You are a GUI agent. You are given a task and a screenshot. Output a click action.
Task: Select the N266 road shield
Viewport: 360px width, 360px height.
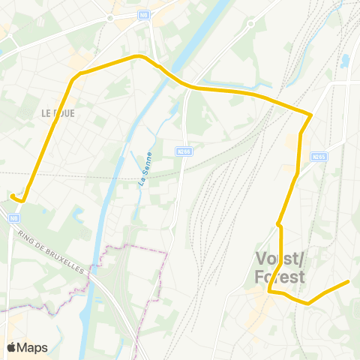coord(184,151)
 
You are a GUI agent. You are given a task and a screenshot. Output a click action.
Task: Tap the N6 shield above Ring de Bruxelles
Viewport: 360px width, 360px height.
coord(13,218)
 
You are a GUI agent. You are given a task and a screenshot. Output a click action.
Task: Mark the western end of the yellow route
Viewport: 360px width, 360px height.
coord(12,196)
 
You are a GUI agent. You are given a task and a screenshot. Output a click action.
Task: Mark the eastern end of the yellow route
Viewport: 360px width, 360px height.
coord(348,282)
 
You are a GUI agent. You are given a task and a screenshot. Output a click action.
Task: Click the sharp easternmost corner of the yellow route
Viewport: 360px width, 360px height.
coord(310,115)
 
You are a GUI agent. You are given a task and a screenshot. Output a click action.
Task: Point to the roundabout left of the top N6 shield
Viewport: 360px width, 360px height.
coord(110,17)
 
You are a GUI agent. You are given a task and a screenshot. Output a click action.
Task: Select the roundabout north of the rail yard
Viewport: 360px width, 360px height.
coord(250,24)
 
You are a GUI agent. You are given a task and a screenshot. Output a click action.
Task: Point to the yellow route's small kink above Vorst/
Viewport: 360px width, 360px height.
coord(278,223)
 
